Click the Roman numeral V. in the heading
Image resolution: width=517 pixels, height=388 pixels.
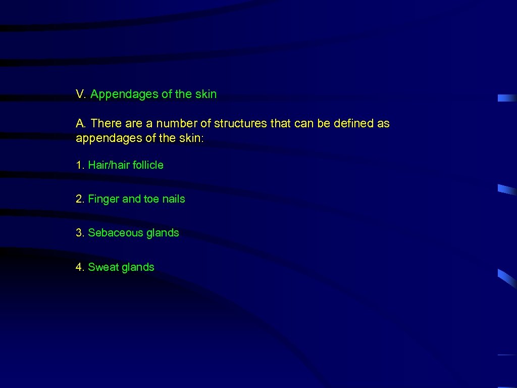click(81, 94)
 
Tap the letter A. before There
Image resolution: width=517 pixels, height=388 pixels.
click(81, 123)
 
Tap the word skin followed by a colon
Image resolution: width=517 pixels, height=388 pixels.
click(191, 138)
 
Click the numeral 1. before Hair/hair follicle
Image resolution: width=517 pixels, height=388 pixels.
click(80, 165)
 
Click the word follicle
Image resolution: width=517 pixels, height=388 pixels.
click(148, 165)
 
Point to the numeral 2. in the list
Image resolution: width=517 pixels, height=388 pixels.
click(80, 199)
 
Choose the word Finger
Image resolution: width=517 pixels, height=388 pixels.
click(104, 200)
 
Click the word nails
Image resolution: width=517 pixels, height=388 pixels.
click(174, 199)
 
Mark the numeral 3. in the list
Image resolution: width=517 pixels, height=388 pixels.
click(80, 233)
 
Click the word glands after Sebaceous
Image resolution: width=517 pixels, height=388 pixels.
click(163, 233)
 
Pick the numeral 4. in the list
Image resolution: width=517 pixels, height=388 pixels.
click(80, 267)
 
